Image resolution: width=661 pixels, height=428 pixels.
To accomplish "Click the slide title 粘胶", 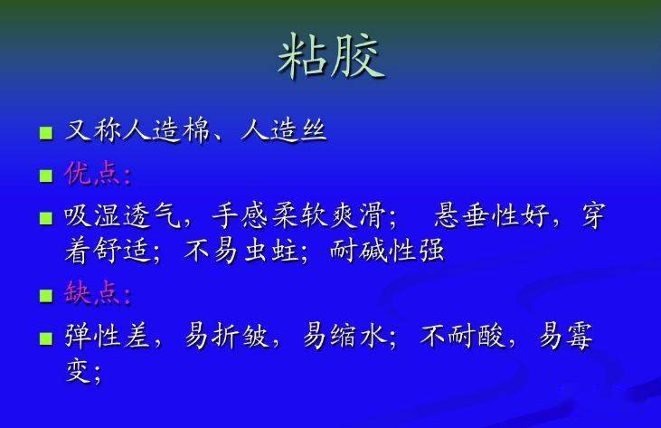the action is (x=332, y=55).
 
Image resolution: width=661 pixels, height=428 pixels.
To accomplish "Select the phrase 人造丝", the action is (x=283, y=130).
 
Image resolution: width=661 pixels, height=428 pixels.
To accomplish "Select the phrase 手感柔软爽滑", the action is (x=298, y=216).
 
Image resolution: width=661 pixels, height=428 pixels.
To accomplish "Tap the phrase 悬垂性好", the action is (x=492, y=216).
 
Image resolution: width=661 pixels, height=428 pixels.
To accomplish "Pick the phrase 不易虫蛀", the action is (x=241, y=252).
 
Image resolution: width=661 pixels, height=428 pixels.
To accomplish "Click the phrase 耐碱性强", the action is (x=387, y=252).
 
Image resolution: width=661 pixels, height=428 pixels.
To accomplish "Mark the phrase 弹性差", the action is (x=107, y=336).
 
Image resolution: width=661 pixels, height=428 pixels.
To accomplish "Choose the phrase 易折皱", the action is (x=226, y=336).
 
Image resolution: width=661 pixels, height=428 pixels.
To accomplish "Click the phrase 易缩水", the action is (x=345, y=336).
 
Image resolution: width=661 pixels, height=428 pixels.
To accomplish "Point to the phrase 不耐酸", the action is (x=462, y=336).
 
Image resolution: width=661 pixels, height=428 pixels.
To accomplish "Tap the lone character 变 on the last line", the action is (x=78, y=371).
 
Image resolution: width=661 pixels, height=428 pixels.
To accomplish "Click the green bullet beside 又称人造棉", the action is (x=46, y=133).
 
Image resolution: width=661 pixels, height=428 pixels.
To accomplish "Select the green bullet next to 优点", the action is (x=46, y=176).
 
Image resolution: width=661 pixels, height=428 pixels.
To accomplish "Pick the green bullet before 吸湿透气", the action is (x=46, y=218).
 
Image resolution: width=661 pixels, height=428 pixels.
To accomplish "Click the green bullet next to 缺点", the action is (x=46, y=295).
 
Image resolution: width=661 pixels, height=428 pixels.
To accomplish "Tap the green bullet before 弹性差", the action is (x=46, y=338).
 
